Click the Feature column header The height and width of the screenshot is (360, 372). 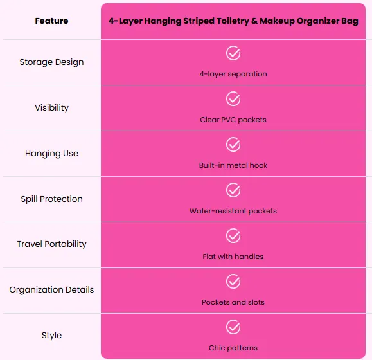(x=51, y=21)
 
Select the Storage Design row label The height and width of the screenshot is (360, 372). (x=51, y=62)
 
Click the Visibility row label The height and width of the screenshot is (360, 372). (x=51, y=108)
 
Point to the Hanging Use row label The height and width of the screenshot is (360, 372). (x=51, y=154)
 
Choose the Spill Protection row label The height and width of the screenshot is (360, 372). (x=51, y=199)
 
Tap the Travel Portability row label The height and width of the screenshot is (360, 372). (x=51, y=244)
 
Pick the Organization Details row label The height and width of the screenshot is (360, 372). (x=51, y=290)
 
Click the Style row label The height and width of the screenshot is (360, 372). (x=51, y=336)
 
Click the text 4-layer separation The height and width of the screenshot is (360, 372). (x=233, y=75)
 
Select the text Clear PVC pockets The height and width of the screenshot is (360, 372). (x=233, y=120)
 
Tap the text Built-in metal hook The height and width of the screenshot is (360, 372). (x=233, y=165)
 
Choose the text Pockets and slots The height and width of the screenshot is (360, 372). (x=233, y=302)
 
